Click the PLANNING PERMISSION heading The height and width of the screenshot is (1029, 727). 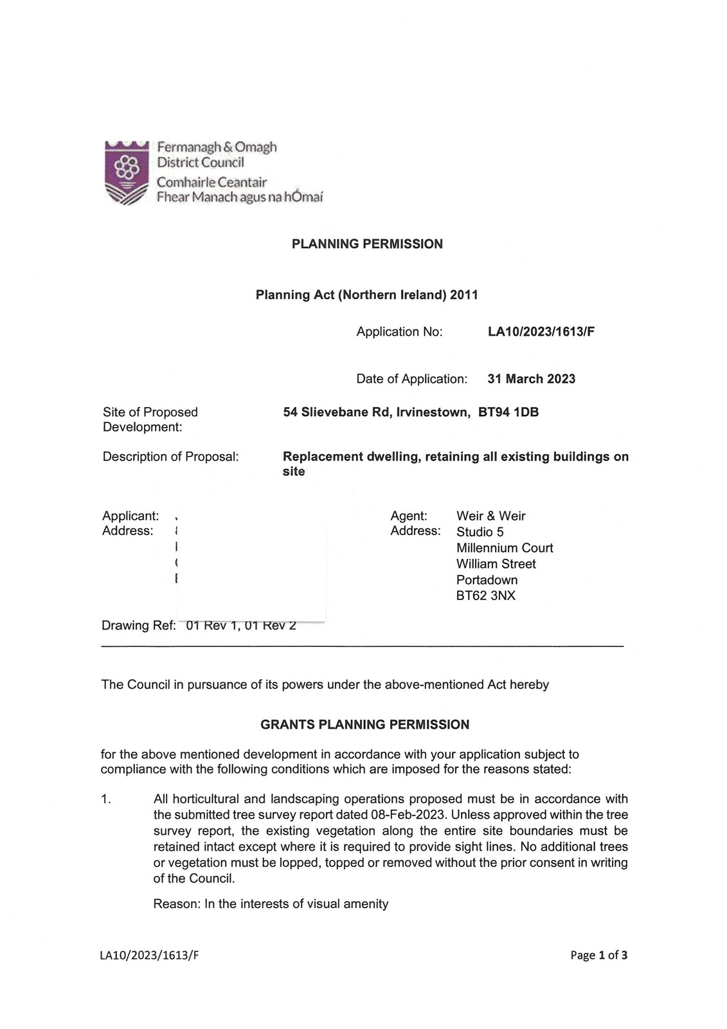coord(367,244)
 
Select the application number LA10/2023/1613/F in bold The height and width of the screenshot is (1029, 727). coord(541,332)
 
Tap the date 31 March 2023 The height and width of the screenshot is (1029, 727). coord(531,379)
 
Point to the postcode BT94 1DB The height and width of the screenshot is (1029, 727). coord(508,412)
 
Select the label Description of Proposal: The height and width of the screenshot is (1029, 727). coord(170,457)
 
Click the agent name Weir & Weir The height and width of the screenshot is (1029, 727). coord(490,516)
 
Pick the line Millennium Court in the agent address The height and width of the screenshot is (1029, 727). coord(505,548)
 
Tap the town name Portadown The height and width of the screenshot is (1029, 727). coord(487,579)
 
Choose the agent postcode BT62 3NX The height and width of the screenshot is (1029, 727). coord(485,596)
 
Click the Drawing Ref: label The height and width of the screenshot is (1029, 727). coord(138,626)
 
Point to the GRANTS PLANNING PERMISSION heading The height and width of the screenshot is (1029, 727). coord(364,725)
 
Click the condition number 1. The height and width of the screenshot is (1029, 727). coord(106,799)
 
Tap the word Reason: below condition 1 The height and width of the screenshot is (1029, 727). coord(177,904)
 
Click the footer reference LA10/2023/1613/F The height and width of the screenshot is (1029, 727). coord(149,955)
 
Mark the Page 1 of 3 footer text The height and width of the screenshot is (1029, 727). coord(598,955)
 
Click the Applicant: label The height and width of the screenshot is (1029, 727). coord(130,516)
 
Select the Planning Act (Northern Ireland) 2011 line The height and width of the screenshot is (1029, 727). coord(366,295)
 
